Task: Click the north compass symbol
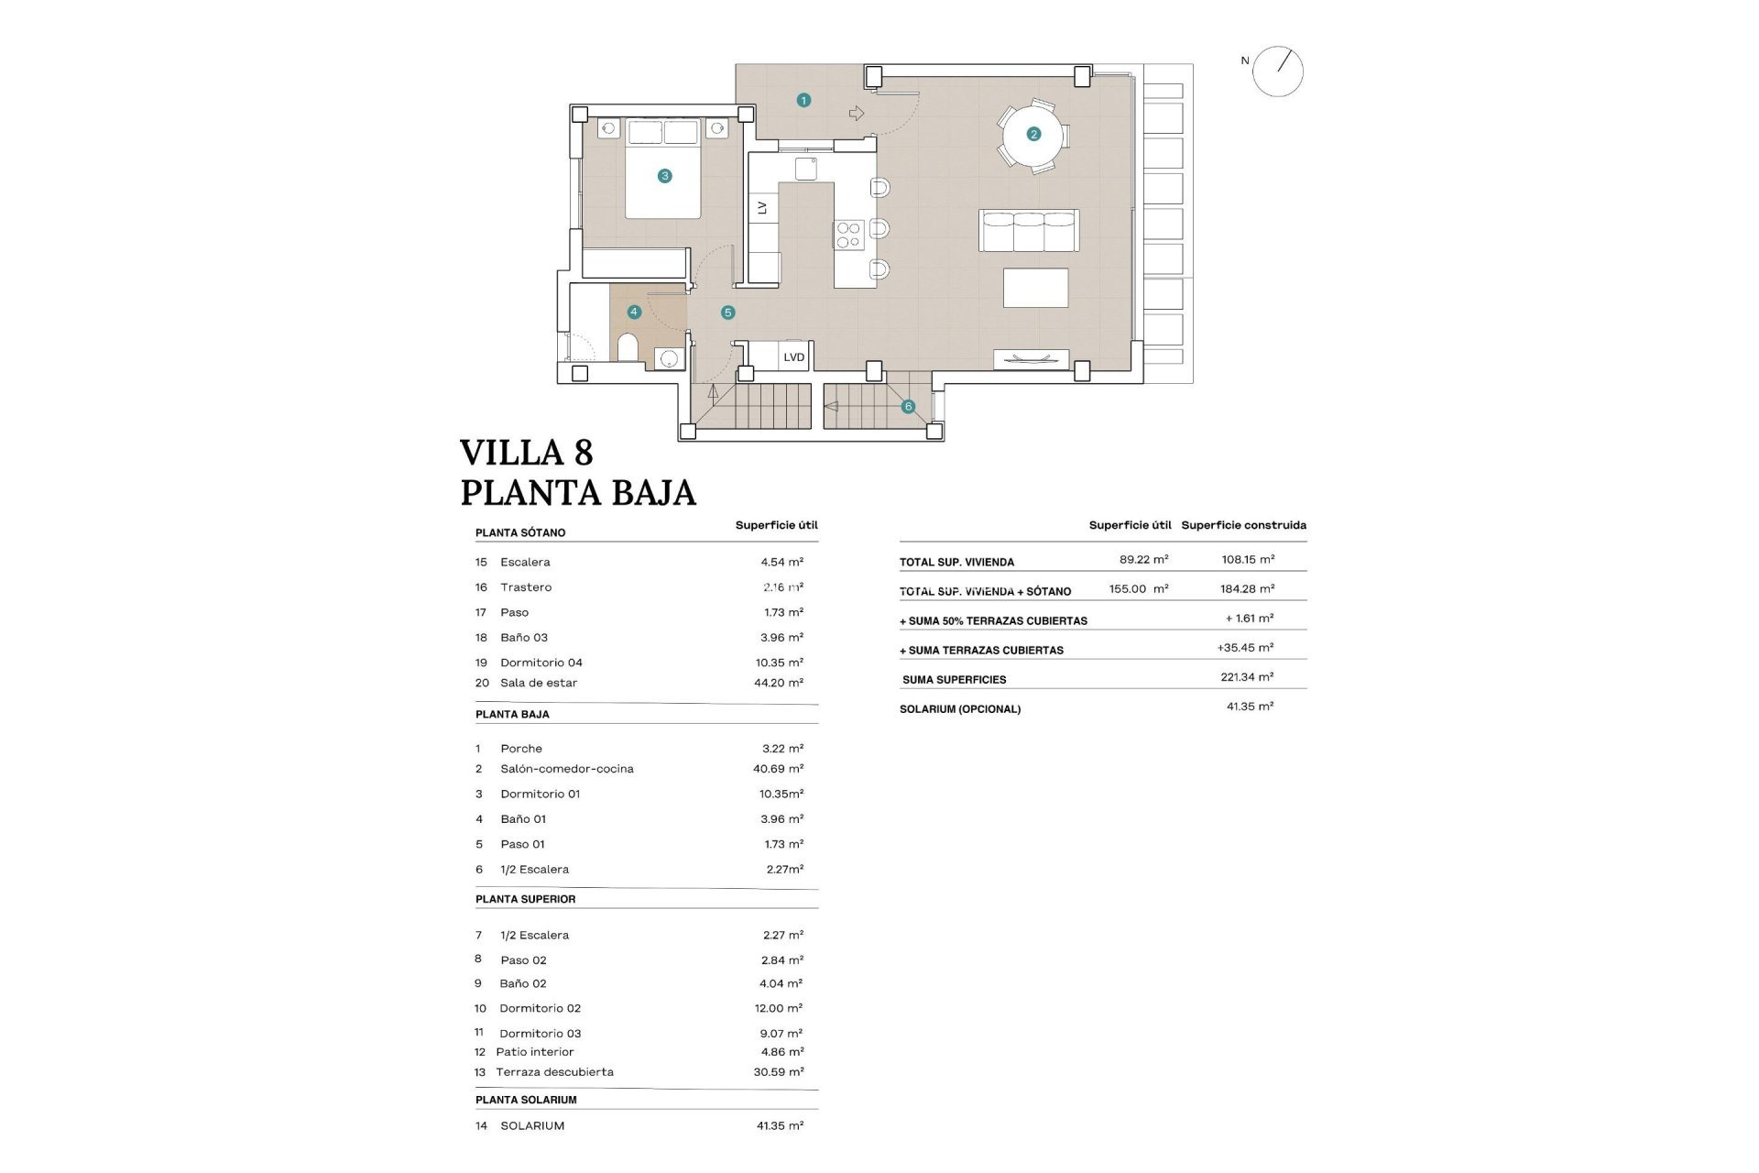(1277, 71)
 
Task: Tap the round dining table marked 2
(1033, 135)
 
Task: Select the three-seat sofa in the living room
(1029, 230)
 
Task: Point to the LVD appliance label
(793, 357)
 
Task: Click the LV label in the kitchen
(762, 208)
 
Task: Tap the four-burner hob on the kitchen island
(848, 235)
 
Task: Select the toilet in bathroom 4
(628, 348)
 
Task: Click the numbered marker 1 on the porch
(803, 100)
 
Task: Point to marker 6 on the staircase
(908, 406)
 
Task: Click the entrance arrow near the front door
(857, 114)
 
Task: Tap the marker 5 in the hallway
(728, 312)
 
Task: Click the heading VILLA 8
(526, 453)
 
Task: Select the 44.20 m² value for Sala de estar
(778, 683)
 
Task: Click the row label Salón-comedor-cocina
(566, 769)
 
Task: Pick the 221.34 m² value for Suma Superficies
(1247, 677)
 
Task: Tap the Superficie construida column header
(1243, 525)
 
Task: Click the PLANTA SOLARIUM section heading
(526, 1100)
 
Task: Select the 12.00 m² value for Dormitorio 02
(778, 1008)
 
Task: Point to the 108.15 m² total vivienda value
(1247, 559)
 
